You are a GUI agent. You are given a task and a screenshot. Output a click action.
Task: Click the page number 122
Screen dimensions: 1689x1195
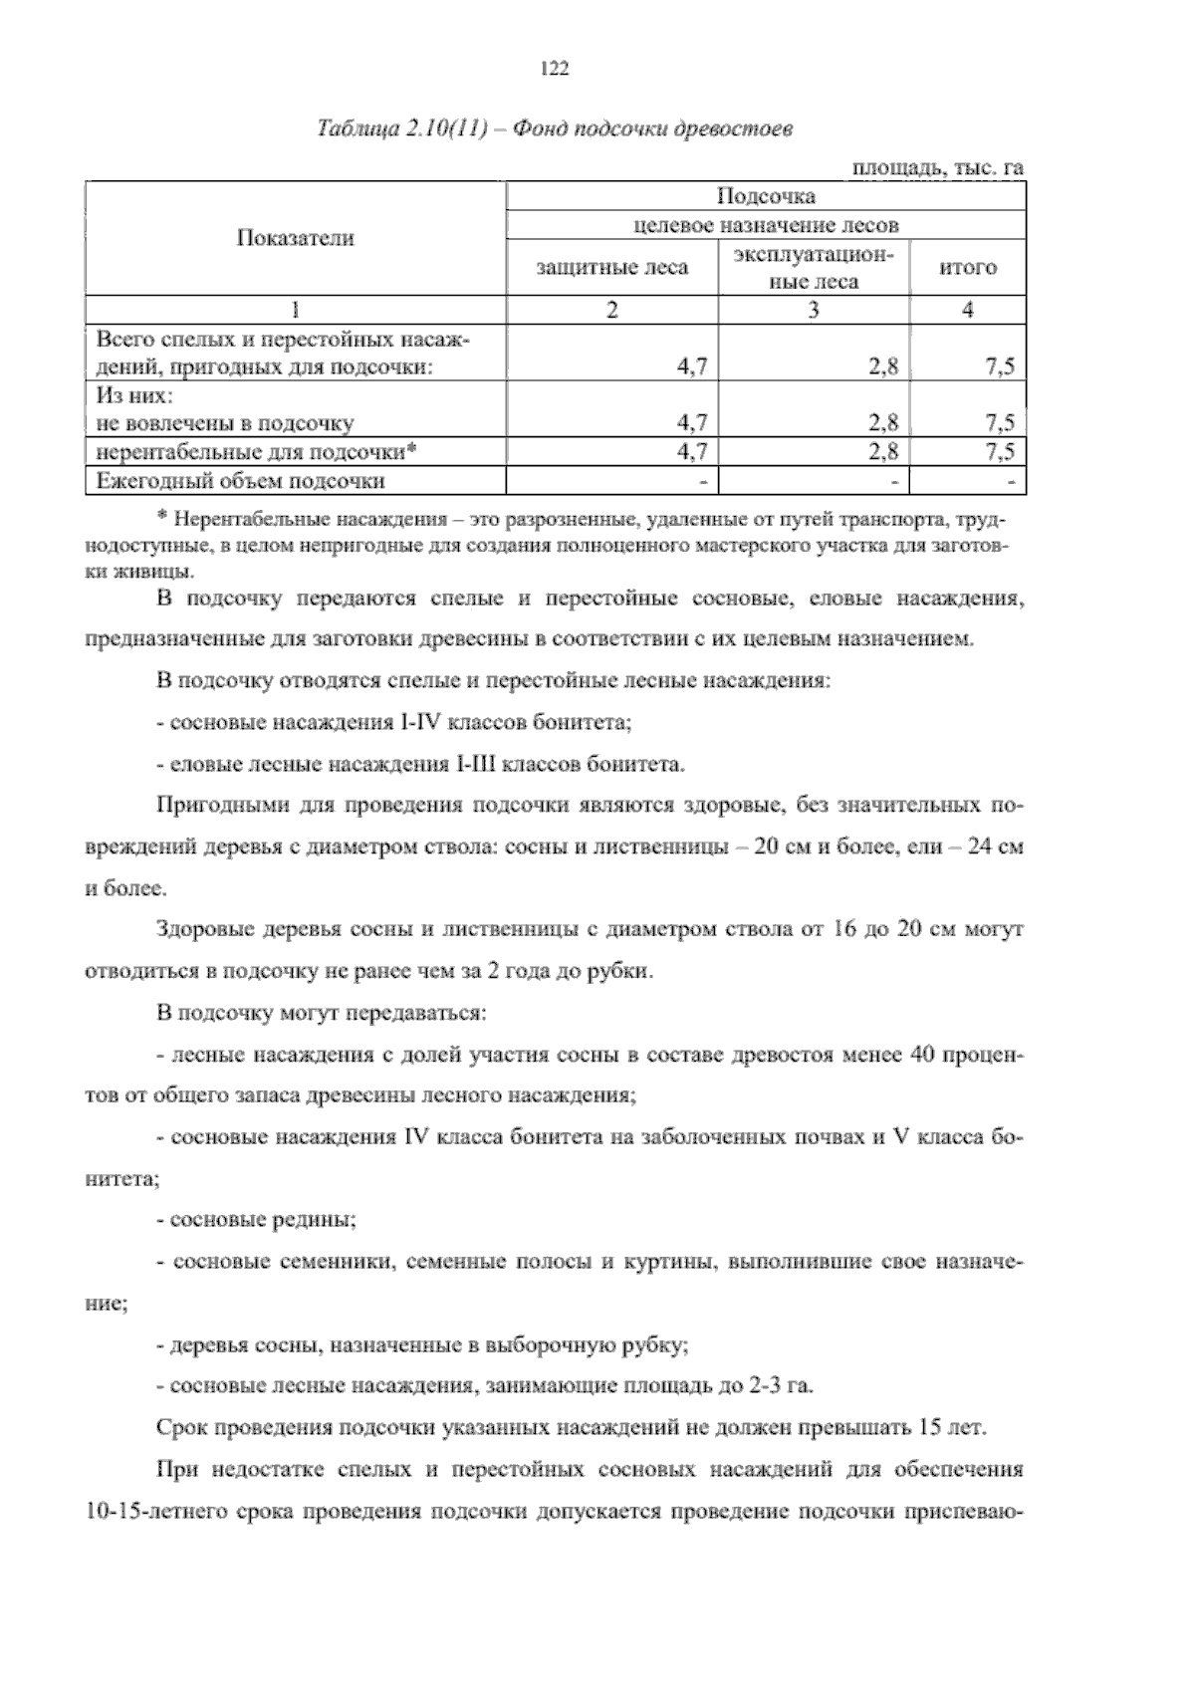(554, 68)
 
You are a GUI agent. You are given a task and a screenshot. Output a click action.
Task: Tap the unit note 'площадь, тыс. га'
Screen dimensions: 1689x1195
(937, 168)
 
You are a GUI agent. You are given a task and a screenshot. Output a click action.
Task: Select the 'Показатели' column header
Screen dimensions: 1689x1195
(296, 238)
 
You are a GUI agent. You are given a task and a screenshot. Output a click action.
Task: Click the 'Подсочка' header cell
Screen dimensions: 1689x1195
(766, 195)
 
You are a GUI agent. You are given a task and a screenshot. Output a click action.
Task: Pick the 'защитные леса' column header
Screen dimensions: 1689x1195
(612, 267)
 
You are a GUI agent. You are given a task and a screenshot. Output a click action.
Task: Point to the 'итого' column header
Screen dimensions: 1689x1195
(968, 267)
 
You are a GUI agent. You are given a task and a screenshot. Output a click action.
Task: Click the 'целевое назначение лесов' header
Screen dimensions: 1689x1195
(766, 224)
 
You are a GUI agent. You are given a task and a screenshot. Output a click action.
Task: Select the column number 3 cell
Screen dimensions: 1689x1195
(814, 310)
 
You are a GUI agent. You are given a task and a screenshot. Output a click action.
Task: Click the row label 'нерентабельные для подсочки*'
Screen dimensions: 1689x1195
(256, 452)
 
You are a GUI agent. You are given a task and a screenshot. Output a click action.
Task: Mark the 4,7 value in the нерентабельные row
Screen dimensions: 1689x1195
(691, 452)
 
